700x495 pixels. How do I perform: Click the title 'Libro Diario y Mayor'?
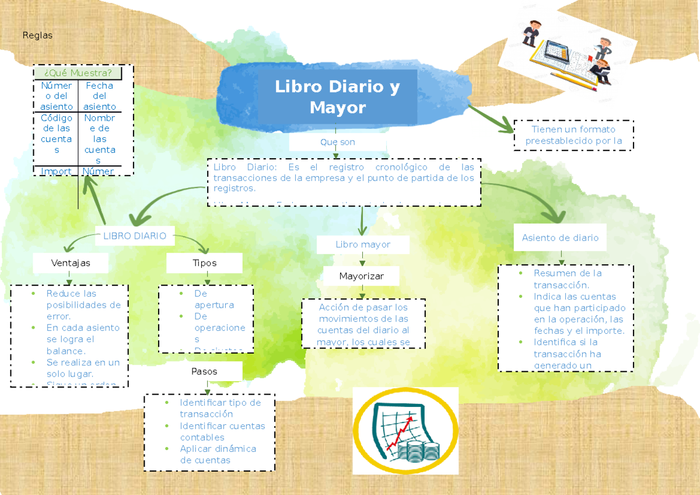click(x=337, y=97)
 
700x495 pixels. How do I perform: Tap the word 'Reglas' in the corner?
click(x=37, y=36)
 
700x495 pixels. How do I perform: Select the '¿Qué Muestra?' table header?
click(x=78, y=73)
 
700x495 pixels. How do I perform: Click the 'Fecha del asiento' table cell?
click(x=99, y=96)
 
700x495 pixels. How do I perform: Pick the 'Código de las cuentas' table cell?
click(x=57, y=134)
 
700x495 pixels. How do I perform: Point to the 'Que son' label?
click(x=337, y=142)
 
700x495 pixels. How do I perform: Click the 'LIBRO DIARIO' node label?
click(x=135, y=236)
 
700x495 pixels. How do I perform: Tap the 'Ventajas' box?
click(x=71, y=263)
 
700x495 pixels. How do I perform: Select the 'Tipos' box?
click(x=204, y=263)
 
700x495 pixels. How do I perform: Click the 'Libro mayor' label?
click(x=362, y=244)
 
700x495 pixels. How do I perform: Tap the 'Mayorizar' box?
click(x=361, y=276)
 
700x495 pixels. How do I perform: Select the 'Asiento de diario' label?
click(x=560, y=238)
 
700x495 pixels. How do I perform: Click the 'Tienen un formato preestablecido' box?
click(x=573, y=135)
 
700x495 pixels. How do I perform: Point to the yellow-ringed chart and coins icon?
click(x=405, y=431)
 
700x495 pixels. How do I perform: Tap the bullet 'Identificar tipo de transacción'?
click(x=220, y=408)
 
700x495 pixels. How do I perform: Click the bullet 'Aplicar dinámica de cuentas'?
click(x=218, y=454)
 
